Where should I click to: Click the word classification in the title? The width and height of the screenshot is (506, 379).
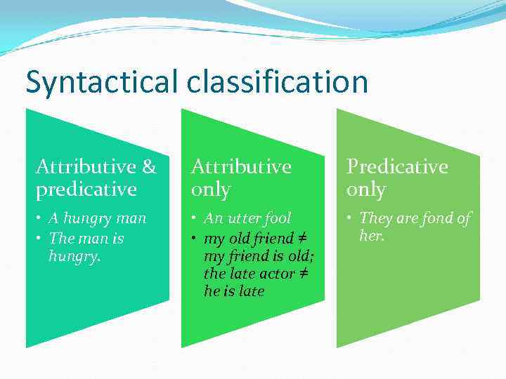(x=278, y=82)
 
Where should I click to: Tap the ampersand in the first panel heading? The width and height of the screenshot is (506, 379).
(x=149, y=167)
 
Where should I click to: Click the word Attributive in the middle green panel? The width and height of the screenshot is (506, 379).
(x=241, y=167)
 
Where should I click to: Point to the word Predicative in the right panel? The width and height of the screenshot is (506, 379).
(x=396, y=167)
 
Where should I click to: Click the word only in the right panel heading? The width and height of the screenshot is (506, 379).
(x=365, y=189)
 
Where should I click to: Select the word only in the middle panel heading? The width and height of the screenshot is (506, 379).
(x=210, y=189)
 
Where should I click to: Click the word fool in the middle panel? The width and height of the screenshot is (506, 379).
(x=278, y=219)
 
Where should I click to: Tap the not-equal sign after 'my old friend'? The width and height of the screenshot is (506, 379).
(x=300, y=239)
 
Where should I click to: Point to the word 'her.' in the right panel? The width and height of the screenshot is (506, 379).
(x=371, y=237)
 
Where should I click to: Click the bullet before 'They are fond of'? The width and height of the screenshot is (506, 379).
(x=350, y=219)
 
